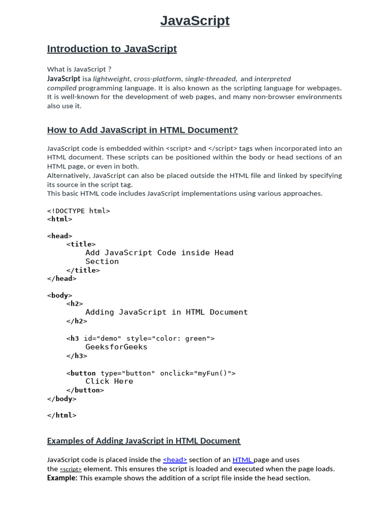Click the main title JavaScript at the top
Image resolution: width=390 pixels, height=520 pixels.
pos(195,21)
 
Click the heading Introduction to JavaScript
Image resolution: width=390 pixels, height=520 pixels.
pos(112,49)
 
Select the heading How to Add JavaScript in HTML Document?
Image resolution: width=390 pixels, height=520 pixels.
pos(142,130)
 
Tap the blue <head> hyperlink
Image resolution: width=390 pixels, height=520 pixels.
pos(175,460)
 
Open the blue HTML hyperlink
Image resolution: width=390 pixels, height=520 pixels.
pos(242,460)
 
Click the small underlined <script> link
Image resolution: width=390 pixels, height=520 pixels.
pos(71,469)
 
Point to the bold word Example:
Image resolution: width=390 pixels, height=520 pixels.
pos(62,478)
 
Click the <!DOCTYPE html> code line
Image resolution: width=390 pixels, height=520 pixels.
pos(78,211)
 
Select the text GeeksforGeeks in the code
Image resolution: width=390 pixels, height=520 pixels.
pos(116,347)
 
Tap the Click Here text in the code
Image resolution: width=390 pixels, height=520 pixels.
pos(109,381)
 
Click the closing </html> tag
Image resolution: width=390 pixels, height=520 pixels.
pos(61,415)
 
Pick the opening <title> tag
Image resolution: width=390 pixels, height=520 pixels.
pos(81,244)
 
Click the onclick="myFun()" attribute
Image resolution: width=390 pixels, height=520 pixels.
pos(198,373)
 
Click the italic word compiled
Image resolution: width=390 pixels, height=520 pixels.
pos(62,88)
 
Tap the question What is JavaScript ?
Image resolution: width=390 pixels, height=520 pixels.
pos(79,69)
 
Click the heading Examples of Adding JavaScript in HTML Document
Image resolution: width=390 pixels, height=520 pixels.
pos(144,441)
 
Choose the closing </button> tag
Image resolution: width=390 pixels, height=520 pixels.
pos(85,390)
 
